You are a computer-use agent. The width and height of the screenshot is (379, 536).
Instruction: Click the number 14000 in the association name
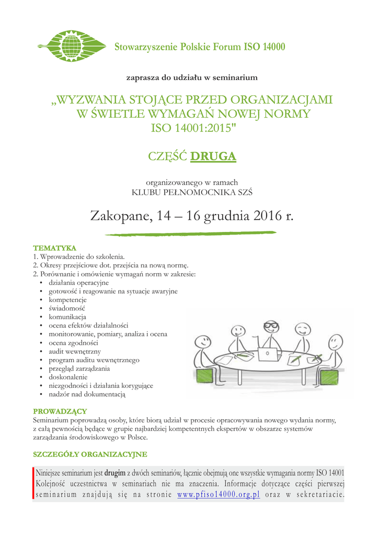272,47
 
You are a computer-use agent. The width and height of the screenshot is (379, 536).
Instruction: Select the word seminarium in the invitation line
235,78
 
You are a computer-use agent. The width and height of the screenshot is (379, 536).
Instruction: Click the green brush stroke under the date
189,233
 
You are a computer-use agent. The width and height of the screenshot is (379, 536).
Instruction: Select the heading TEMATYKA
54,248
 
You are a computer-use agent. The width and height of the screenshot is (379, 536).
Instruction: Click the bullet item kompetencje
67,300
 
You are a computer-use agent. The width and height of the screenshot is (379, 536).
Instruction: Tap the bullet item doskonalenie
68,377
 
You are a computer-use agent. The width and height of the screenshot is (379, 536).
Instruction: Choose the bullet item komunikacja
67,317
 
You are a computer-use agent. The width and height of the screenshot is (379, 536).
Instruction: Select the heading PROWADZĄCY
60,411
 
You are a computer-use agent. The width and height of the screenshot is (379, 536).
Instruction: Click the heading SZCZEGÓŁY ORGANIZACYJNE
90,454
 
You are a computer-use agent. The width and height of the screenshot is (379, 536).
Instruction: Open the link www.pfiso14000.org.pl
219,495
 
